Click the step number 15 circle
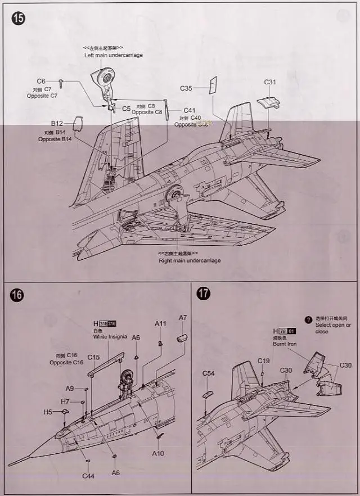18,18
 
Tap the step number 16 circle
17,295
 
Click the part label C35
186,88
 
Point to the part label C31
270,82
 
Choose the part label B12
57,123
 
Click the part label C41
189,110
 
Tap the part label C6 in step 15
41,82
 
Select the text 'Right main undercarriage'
190,260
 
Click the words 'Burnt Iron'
285,344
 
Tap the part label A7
183,318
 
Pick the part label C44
88,476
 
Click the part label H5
48,412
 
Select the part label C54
209,373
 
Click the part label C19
264,360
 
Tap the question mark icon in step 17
308,319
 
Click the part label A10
157,453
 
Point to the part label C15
93,357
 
